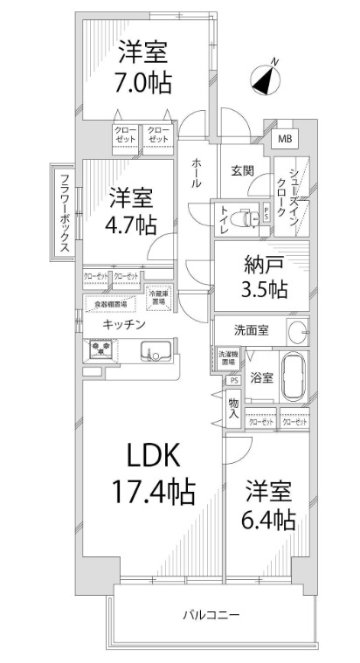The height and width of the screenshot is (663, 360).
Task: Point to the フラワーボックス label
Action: pyautogui.click(x=65, y=213)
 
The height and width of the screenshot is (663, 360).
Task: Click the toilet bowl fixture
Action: pyautogui.click(x=253, y=215)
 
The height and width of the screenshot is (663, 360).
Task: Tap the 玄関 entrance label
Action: pyautogui.click(x=242, y=171)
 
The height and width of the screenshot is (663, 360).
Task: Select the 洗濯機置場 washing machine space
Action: pyautogui.click(x=226, y=357)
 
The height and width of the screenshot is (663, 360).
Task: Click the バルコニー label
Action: pyautogui.click(x=211, y=615)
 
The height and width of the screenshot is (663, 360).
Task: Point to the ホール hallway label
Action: pyautogui.click(x=197, y=173)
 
